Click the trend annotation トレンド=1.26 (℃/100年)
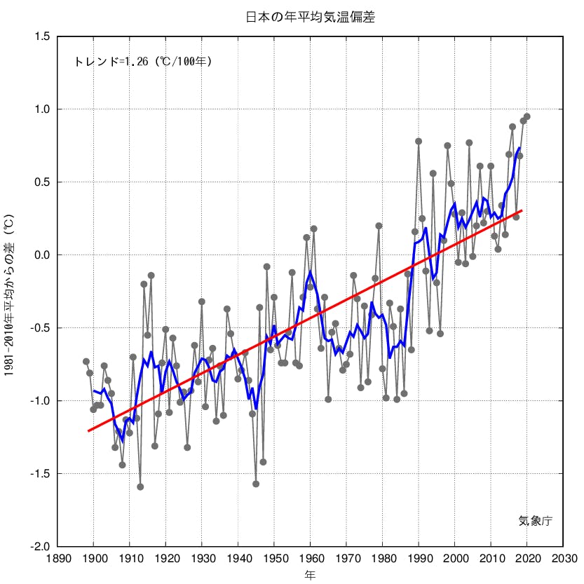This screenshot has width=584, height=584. tap(143, 62)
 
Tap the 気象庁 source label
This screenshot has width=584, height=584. tap(536, 520)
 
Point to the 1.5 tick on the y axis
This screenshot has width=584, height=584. tap(41, 36)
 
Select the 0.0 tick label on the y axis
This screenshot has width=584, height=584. tap(41, 255)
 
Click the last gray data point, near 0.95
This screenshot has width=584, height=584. tap(527, 116)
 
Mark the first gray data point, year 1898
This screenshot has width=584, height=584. tap(86, 362)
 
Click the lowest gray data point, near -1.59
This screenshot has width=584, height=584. tap(140, 487)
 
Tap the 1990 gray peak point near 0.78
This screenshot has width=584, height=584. tap(419, 141)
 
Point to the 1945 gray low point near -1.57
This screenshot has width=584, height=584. tap(256, 484)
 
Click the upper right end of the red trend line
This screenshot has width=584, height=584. tap(522, 210)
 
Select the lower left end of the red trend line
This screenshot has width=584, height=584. tap(88, 431)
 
